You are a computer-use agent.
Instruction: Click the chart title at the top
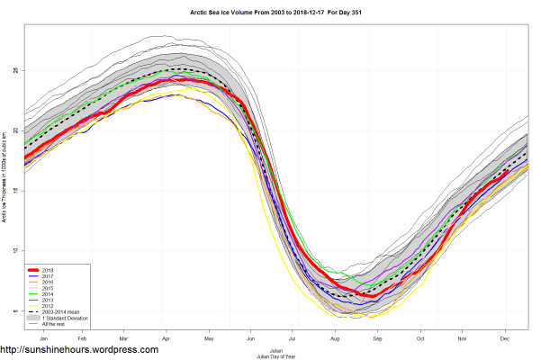pos(270,11)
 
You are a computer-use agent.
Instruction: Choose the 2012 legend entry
pos(48,308)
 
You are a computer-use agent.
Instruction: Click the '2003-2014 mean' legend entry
pos(59,314)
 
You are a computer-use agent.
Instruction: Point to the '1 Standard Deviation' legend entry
pos(60,320)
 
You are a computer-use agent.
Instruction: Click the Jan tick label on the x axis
pos(44,340)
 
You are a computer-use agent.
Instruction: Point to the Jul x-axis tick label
pos(293,340)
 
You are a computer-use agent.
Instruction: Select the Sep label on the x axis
pos(377,340)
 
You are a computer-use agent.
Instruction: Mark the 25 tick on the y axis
pos(15,70)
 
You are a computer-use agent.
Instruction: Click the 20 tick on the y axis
pos(15,130)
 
